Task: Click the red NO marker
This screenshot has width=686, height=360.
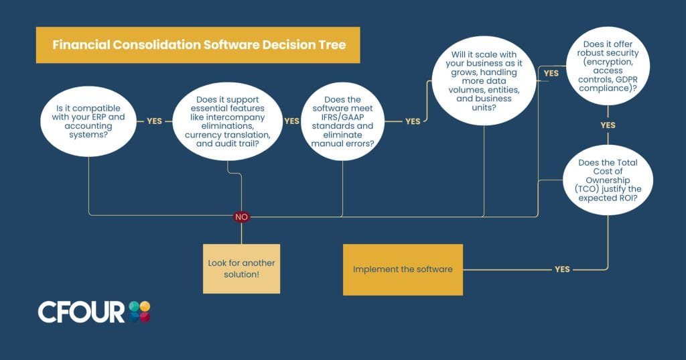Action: [241, 217]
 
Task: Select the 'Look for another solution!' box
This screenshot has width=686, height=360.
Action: [241, 268]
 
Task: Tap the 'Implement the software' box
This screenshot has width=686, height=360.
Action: [403, 269]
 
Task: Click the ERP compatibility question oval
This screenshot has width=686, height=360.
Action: [88, 121]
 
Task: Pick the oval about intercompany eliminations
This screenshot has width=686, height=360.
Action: [228, 121]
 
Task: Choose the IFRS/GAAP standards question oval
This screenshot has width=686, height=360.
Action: [342, 121]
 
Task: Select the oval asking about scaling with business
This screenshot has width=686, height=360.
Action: [484, 81]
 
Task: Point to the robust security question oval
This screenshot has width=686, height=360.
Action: [608, 66]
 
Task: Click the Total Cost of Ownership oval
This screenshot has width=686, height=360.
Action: [608, 180]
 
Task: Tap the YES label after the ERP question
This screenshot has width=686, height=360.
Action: [155, 121]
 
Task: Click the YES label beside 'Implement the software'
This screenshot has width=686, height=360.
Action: [562, 269]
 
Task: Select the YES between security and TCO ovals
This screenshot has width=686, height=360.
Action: [608, 125]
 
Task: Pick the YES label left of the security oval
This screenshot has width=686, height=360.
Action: [551, 73]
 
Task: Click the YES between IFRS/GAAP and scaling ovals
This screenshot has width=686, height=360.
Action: [413, 121]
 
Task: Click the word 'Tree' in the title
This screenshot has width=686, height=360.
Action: [332, 45]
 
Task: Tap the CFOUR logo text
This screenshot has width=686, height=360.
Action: [81, 312]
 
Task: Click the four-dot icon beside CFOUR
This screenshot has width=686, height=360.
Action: [139, 312]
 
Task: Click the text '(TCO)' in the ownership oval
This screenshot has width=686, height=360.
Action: [586, 189]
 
